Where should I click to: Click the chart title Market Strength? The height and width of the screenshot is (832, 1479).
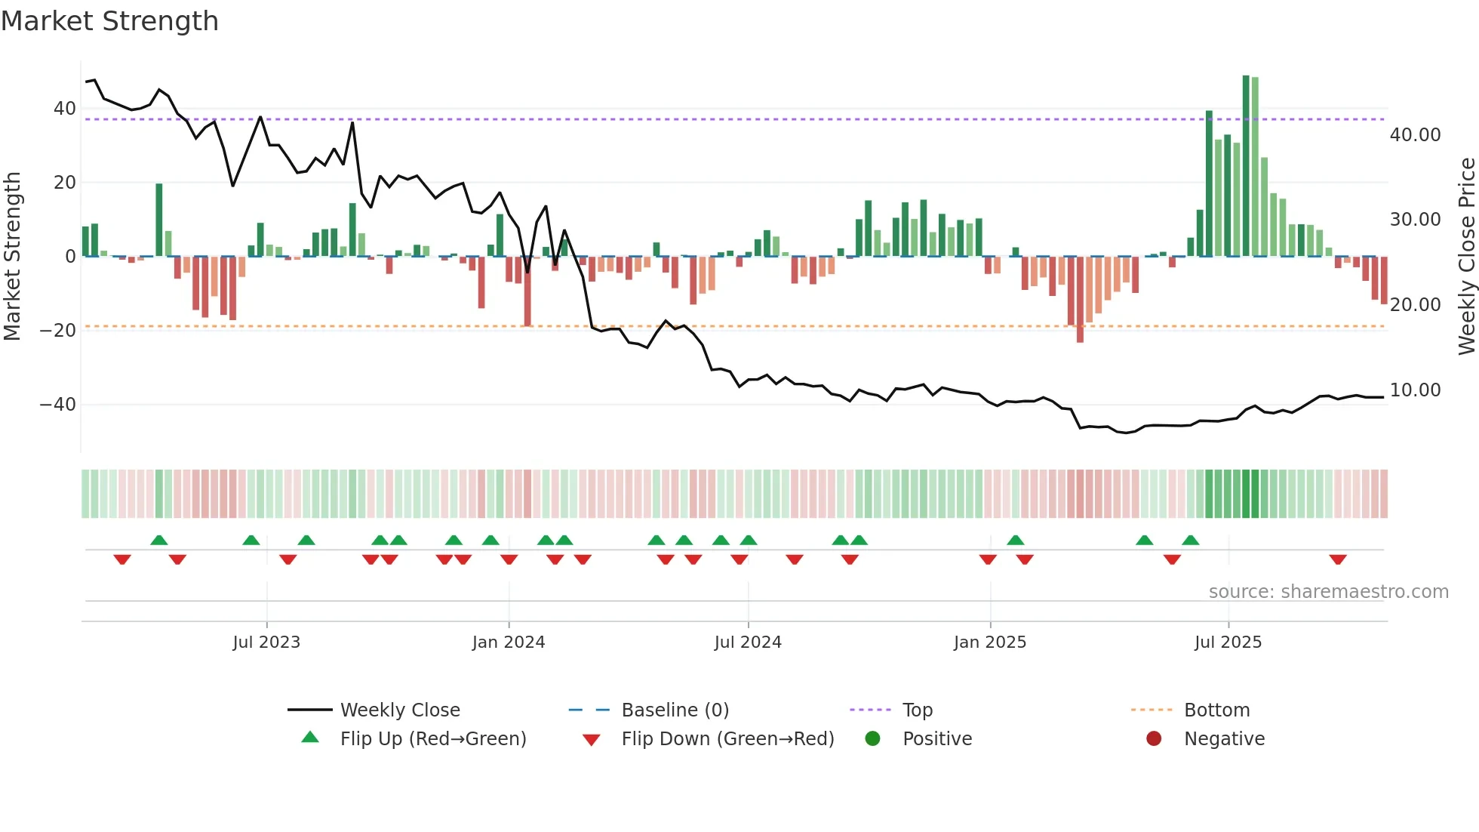(109, 21)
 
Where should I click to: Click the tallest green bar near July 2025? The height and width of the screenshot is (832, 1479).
(1246, 166)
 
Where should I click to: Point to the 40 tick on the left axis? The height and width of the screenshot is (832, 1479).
(65, 109)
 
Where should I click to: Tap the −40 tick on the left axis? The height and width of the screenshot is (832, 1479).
(58, 405)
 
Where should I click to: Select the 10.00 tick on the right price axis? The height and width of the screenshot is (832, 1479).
(1415, 390)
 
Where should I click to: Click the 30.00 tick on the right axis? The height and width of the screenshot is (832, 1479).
(1415, 220)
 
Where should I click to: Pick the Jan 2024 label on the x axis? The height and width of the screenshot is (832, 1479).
(508, 642)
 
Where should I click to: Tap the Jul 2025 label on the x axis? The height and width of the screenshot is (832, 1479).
(1228, 642)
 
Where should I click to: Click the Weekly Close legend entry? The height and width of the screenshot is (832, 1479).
(400, 710)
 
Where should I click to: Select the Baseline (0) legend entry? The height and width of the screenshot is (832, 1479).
(675, 710)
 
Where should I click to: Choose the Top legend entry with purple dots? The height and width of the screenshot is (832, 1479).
(917, 710)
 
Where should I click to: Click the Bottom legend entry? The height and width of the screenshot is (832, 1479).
(1216, 710)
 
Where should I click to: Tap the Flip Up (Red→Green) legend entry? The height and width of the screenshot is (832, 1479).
(432, 739)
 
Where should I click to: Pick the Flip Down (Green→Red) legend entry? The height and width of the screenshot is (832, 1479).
(727, 739)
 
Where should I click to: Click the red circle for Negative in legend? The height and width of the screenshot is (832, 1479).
(1154, 739)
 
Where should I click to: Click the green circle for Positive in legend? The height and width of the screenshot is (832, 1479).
(873, 739)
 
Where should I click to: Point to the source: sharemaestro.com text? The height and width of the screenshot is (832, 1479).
(1328, 592)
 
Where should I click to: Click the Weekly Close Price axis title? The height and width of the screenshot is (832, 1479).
(1466, 257)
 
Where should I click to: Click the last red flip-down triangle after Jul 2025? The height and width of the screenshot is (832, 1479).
(1338, 559)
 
